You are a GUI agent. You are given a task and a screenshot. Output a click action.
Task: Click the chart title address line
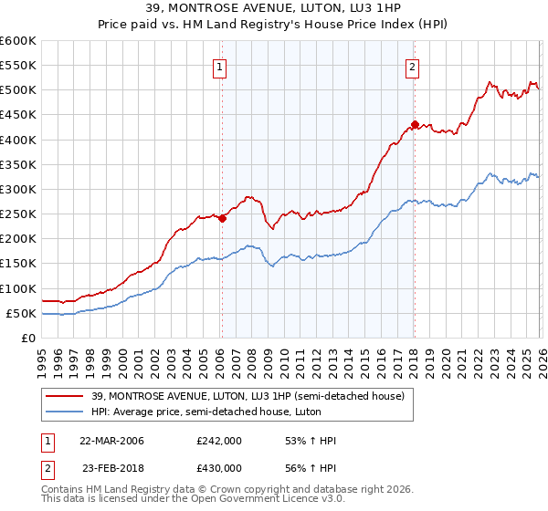[273, 8]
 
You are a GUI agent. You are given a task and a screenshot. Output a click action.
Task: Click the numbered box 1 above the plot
[221, 66]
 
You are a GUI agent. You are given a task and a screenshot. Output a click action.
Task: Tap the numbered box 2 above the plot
[413, 66]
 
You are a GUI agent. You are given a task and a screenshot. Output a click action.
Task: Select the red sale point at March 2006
[222, 218]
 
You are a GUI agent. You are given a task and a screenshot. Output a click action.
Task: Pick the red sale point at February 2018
[415, 125]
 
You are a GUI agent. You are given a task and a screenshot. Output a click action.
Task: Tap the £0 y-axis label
[27, 338]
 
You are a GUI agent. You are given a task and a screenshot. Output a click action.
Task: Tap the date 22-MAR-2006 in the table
[112, 441]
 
